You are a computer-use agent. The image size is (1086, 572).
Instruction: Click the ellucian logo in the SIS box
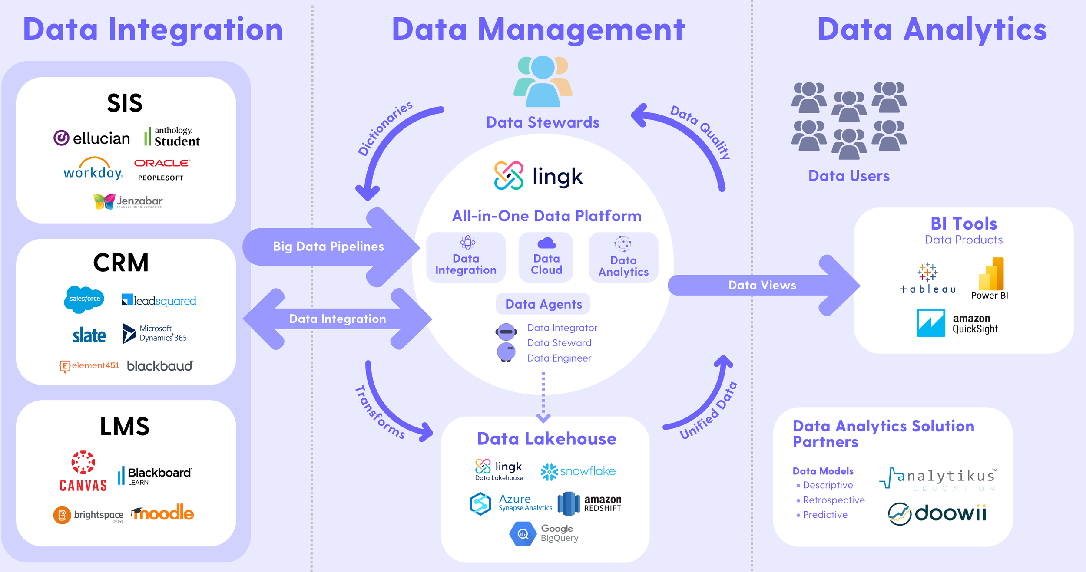pos(92,138)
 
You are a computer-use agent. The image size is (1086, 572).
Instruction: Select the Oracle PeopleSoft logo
pos(162,169)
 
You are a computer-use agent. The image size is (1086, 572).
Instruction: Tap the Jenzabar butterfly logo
pos(128,201)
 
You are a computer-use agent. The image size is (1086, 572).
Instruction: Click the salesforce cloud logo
pos(84,299)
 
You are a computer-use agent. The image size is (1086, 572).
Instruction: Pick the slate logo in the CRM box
pos(89,335)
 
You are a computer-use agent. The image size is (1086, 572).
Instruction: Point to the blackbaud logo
pos(160,366)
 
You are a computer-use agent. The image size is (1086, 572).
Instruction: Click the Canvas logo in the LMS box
pos(83,471)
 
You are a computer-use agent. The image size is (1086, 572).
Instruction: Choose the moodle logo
pos(163,513)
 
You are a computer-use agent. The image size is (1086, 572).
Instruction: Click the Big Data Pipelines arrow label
pos(328,247)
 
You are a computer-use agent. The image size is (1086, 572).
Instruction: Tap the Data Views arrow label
pos(762,285)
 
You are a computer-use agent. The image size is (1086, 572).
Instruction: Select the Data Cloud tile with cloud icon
pos(546,257)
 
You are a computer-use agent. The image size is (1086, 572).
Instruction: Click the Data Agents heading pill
pos(543,304)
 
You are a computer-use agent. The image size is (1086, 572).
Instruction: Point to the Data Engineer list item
pos(559,358)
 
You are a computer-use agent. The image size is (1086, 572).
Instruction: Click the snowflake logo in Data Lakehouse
pos(578,471)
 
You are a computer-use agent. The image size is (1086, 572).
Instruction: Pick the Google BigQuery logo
pos(544,533)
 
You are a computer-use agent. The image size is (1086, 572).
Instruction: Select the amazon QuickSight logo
pos(957,323)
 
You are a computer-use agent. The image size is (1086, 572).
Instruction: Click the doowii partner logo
pos(937,513)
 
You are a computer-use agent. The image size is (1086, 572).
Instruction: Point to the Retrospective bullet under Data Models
pos(833,500)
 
